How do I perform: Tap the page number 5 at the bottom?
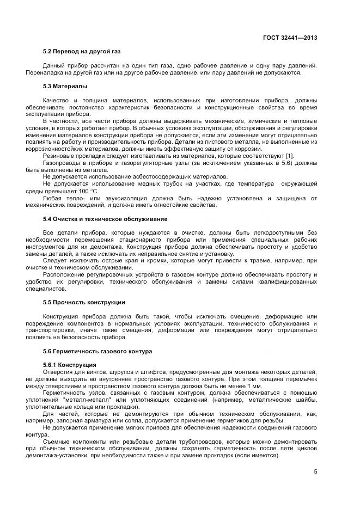point(315,471)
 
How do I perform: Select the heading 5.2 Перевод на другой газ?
point(82,52)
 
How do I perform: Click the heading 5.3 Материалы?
point(65,86)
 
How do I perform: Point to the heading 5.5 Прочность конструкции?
point(84,302)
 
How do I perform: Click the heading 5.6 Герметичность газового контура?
point(97,351)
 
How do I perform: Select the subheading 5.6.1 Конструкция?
point(70,364)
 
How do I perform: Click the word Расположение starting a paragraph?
point(64,274)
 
